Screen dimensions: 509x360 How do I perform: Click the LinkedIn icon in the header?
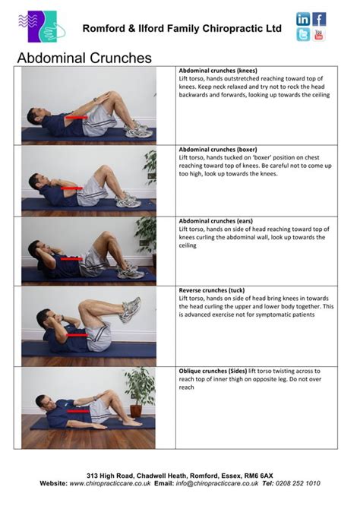(x=303, y=19)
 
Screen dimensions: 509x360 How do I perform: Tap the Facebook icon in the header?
(x=319, y=19)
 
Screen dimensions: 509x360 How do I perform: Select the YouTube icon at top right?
(x=319, y=35)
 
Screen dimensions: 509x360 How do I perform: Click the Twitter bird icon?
(x=303, y=35)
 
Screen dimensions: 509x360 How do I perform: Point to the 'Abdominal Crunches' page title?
(x=84, y=58)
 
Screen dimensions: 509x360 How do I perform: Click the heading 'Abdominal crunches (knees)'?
(x=217, y=70)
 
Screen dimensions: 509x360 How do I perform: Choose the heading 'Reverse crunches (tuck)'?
(x=213, y=290)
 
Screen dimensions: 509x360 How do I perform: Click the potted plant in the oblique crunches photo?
(x=141, y=390)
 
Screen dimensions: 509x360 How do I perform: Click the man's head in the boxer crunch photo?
(x=36, y=181)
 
